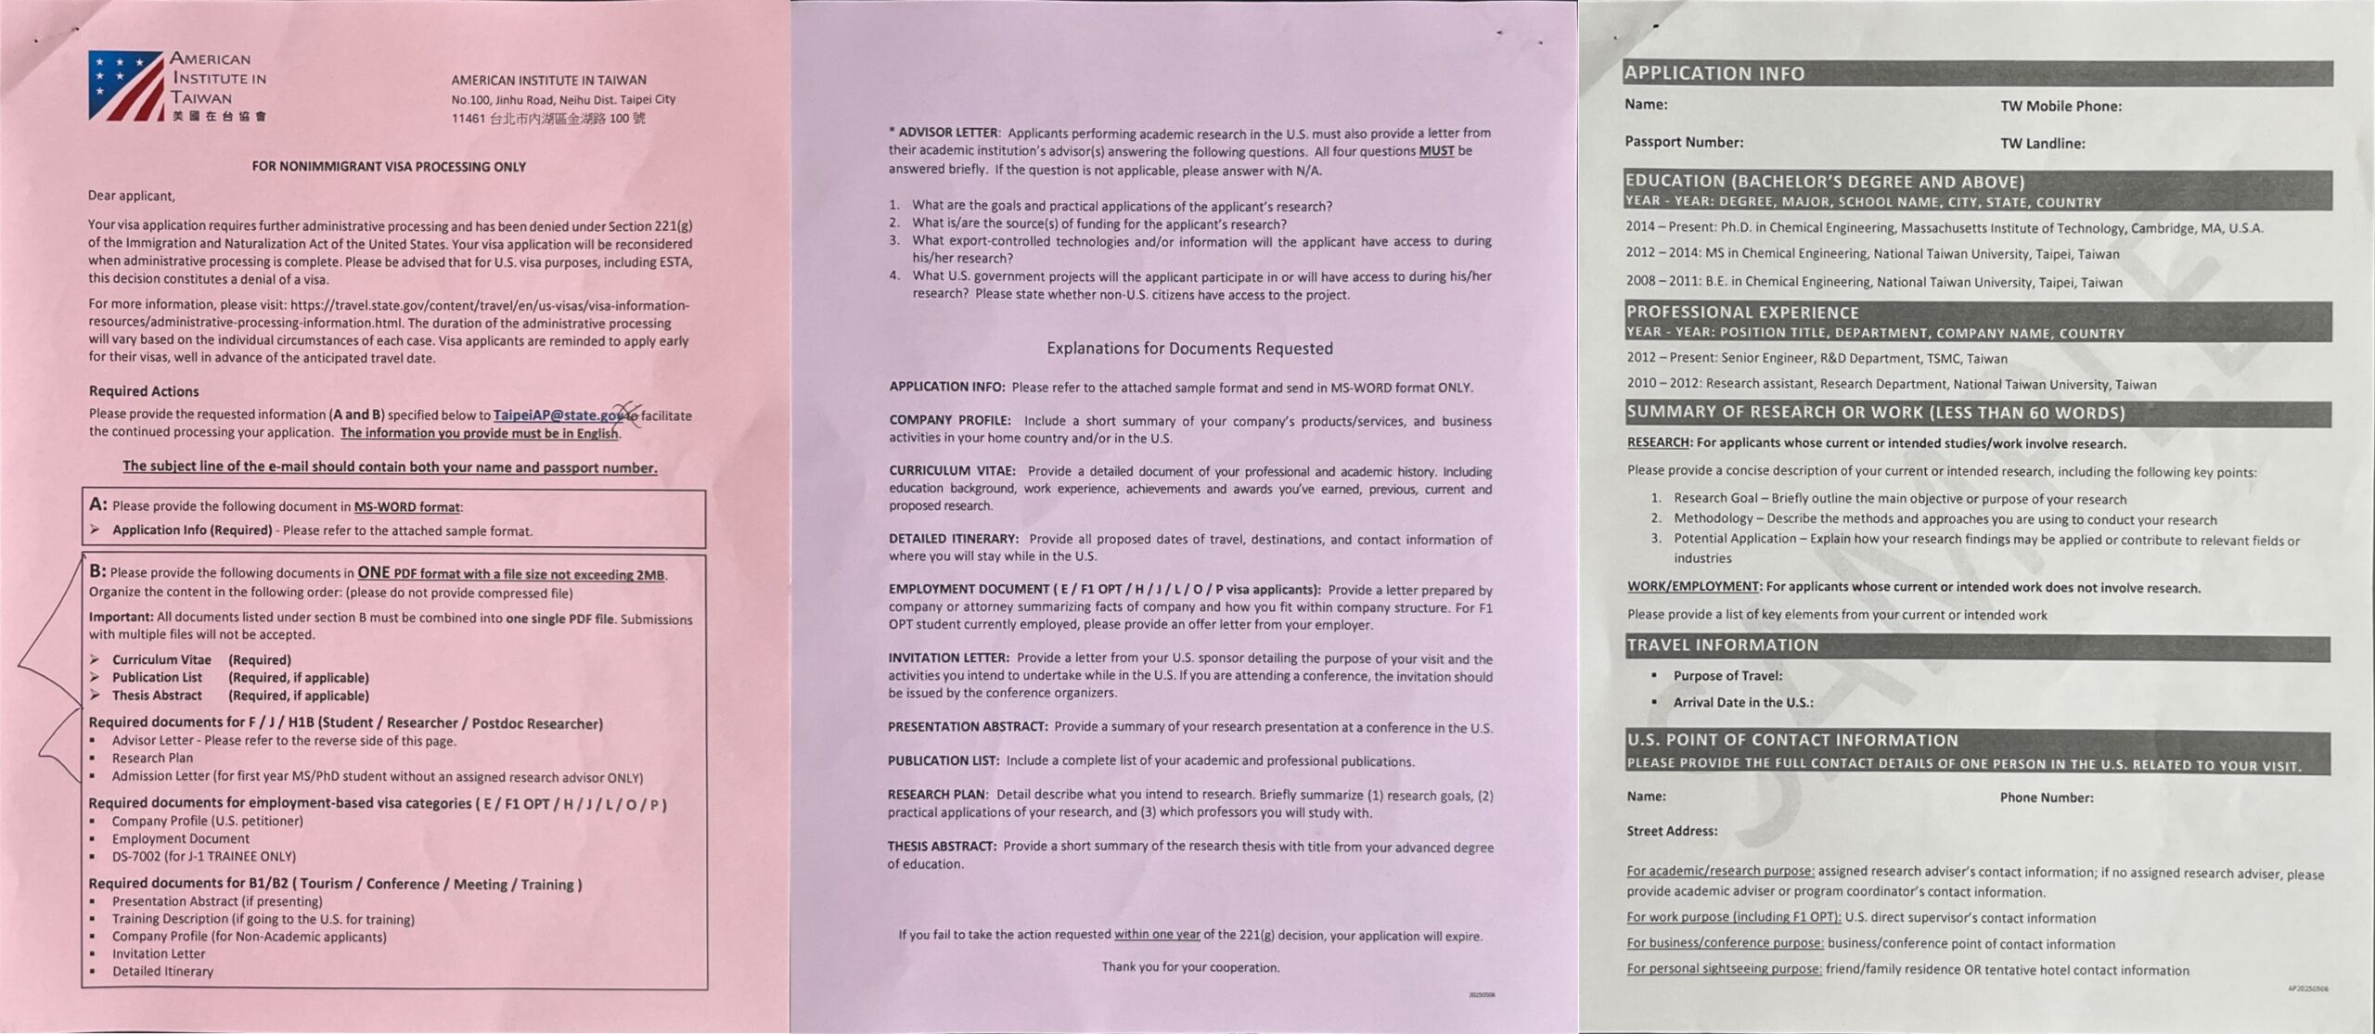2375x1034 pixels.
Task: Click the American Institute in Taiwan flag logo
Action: (x=125, y=85)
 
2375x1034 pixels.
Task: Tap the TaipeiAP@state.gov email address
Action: (x=558, y=415)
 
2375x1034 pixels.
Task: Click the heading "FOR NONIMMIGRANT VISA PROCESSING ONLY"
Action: (x=389, y=167)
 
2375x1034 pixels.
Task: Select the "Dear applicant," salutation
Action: (x=131, y=196)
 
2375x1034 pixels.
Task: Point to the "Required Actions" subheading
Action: (x=144, y=391)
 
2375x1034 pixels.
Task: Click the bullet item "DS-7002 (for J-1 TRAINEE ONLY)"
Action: (x=203, y=856)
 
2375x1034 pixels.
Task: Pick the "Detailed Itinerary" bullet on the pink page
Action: (x=162, y=971)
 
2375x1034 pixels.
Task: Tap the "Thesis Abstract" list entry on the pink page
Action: (x=157, y=696)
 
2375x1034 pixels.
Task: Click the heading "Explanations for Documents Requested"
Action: (x=1189, y=349)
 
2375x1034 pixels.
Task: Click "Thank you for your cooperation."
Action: (x=1190, y=967)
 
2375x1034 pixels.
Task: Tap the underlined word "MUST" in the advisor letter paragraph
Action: (x=1436, y=151)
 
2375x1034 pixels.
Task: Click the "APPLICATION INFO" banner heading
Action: (x=1714, y=73)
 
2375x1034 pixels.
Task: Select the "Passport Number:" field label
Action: (x=1684, y=142)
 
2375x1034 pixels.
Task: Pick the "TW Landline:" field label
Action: (x=2042, y=143)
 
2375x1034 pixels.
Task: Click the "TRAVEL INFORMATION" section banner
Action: (x=1722, y=645)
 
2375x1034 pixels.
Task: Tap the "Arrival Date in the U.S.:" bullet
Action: (x=1742, y=702)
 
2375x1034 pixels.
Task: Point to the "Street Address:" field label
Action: (x=1672, y=831)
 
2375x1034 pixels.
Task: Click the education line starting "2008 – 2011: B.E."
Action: (x=1873, y=282)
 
